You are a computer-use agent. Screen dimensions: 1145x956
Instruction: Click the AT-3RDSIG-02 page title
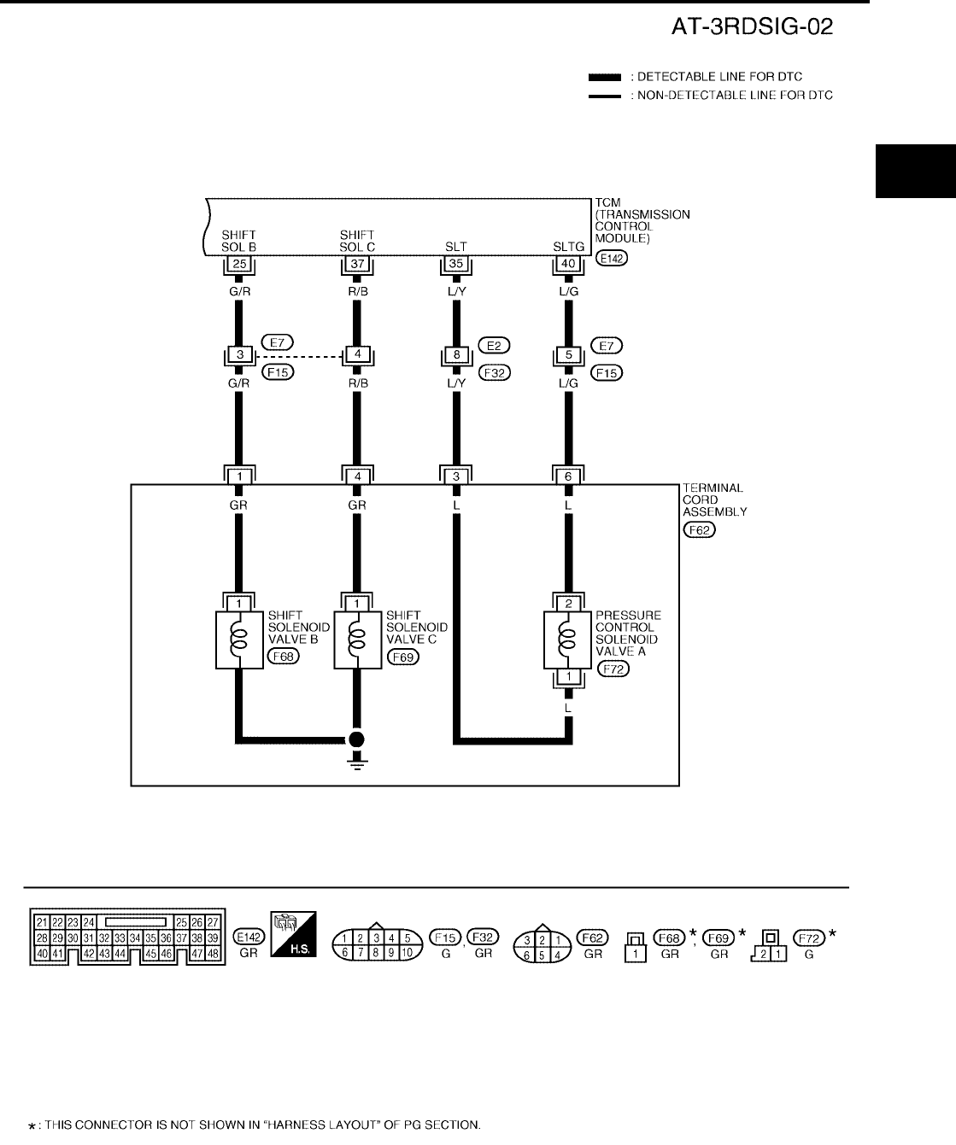752,28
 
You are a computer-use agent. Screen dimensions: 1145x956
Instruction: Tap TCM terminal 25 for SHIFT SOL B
239,265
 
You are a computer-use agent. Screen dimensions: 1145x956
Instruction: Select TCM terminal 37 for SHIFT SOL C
357,265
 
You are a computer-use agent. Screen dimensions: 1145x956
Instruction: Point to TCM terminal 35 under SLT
456,265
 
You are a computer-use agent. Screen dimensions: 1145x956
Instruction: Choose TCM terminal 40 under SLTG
569,265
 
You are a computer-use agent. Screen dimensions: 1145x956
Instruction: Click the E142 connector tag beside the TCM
612,258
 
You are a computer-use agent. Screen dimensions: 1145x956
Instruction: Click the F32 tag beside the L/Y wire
494,372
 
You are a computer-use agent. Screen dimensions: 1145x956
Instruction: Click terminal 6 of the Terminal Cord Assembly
569,476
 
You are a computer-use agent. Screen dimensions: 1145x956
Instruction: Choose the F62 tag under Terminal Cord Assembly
701,530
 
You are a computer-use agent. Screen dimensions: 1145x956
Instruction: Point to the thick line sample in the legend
604,77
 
